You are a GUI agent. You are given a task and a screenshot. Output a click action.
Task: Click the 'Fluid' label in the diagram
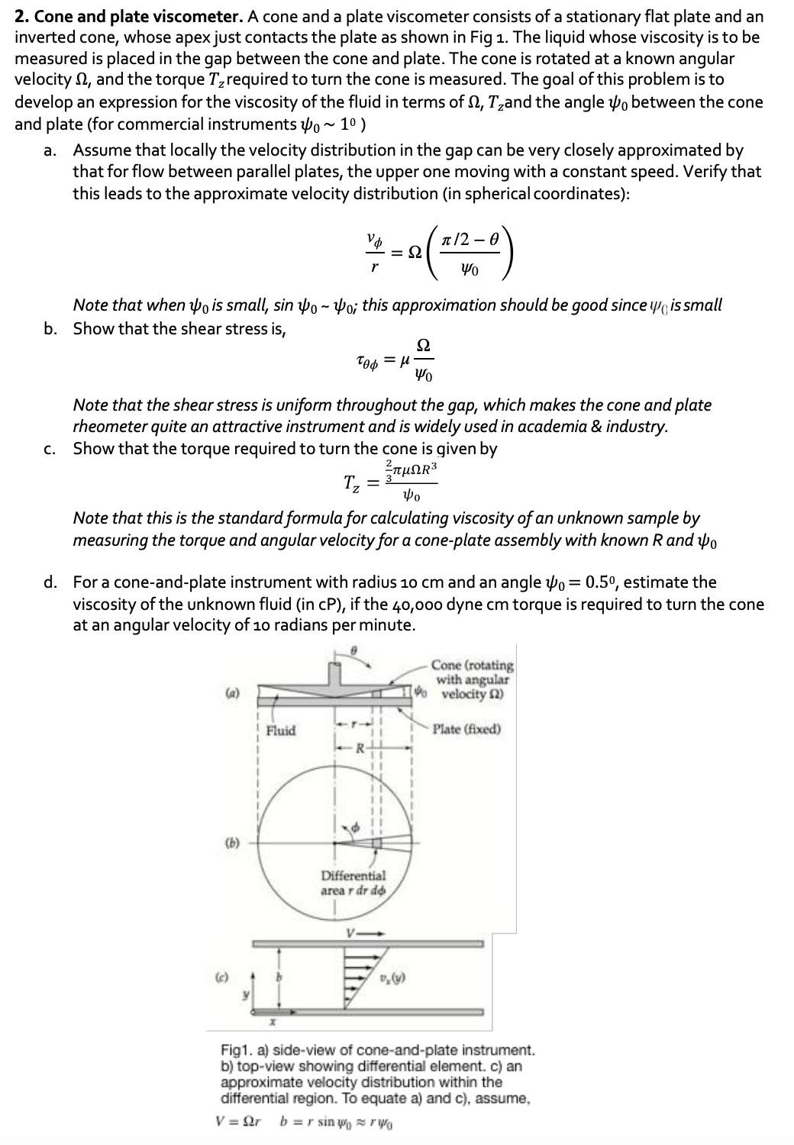click(280, 731)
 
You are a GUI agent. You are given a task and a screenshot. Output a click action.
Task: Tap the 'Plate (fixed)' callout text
click(466, 729)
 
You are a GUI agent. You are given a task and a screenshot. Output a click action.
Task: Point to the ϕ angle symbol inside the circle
click(353, 827)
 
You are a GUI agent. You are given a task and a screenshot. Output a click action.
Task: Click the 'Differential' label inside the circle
click(353, 876)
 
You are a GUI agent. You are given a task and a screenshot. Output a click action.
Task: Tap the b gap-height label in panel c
click(279, 976)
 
